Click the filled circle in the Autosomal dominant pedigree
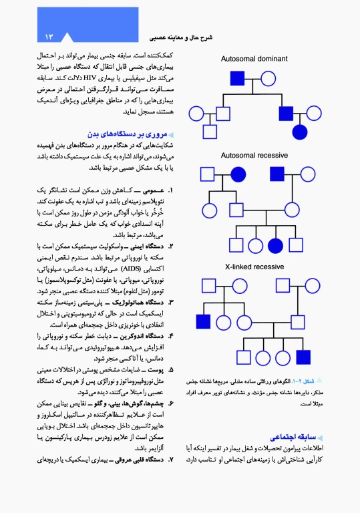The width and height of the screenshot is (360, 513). tap(299, 132)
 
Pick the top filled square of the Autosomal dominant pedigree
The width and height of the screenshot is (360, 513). tap(238, 78)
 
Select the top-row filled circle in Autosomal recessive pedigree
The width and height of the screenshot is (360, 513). tap(238, 176)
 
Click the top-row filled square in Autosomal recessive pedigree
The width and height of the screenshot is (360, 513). tap(277, 176)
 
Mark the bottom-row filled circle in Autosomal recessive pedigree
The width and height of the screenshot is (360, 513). tap(275, 247)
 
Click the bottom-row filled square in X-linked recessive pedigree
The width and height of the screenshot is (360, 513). tap(304, 356)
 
